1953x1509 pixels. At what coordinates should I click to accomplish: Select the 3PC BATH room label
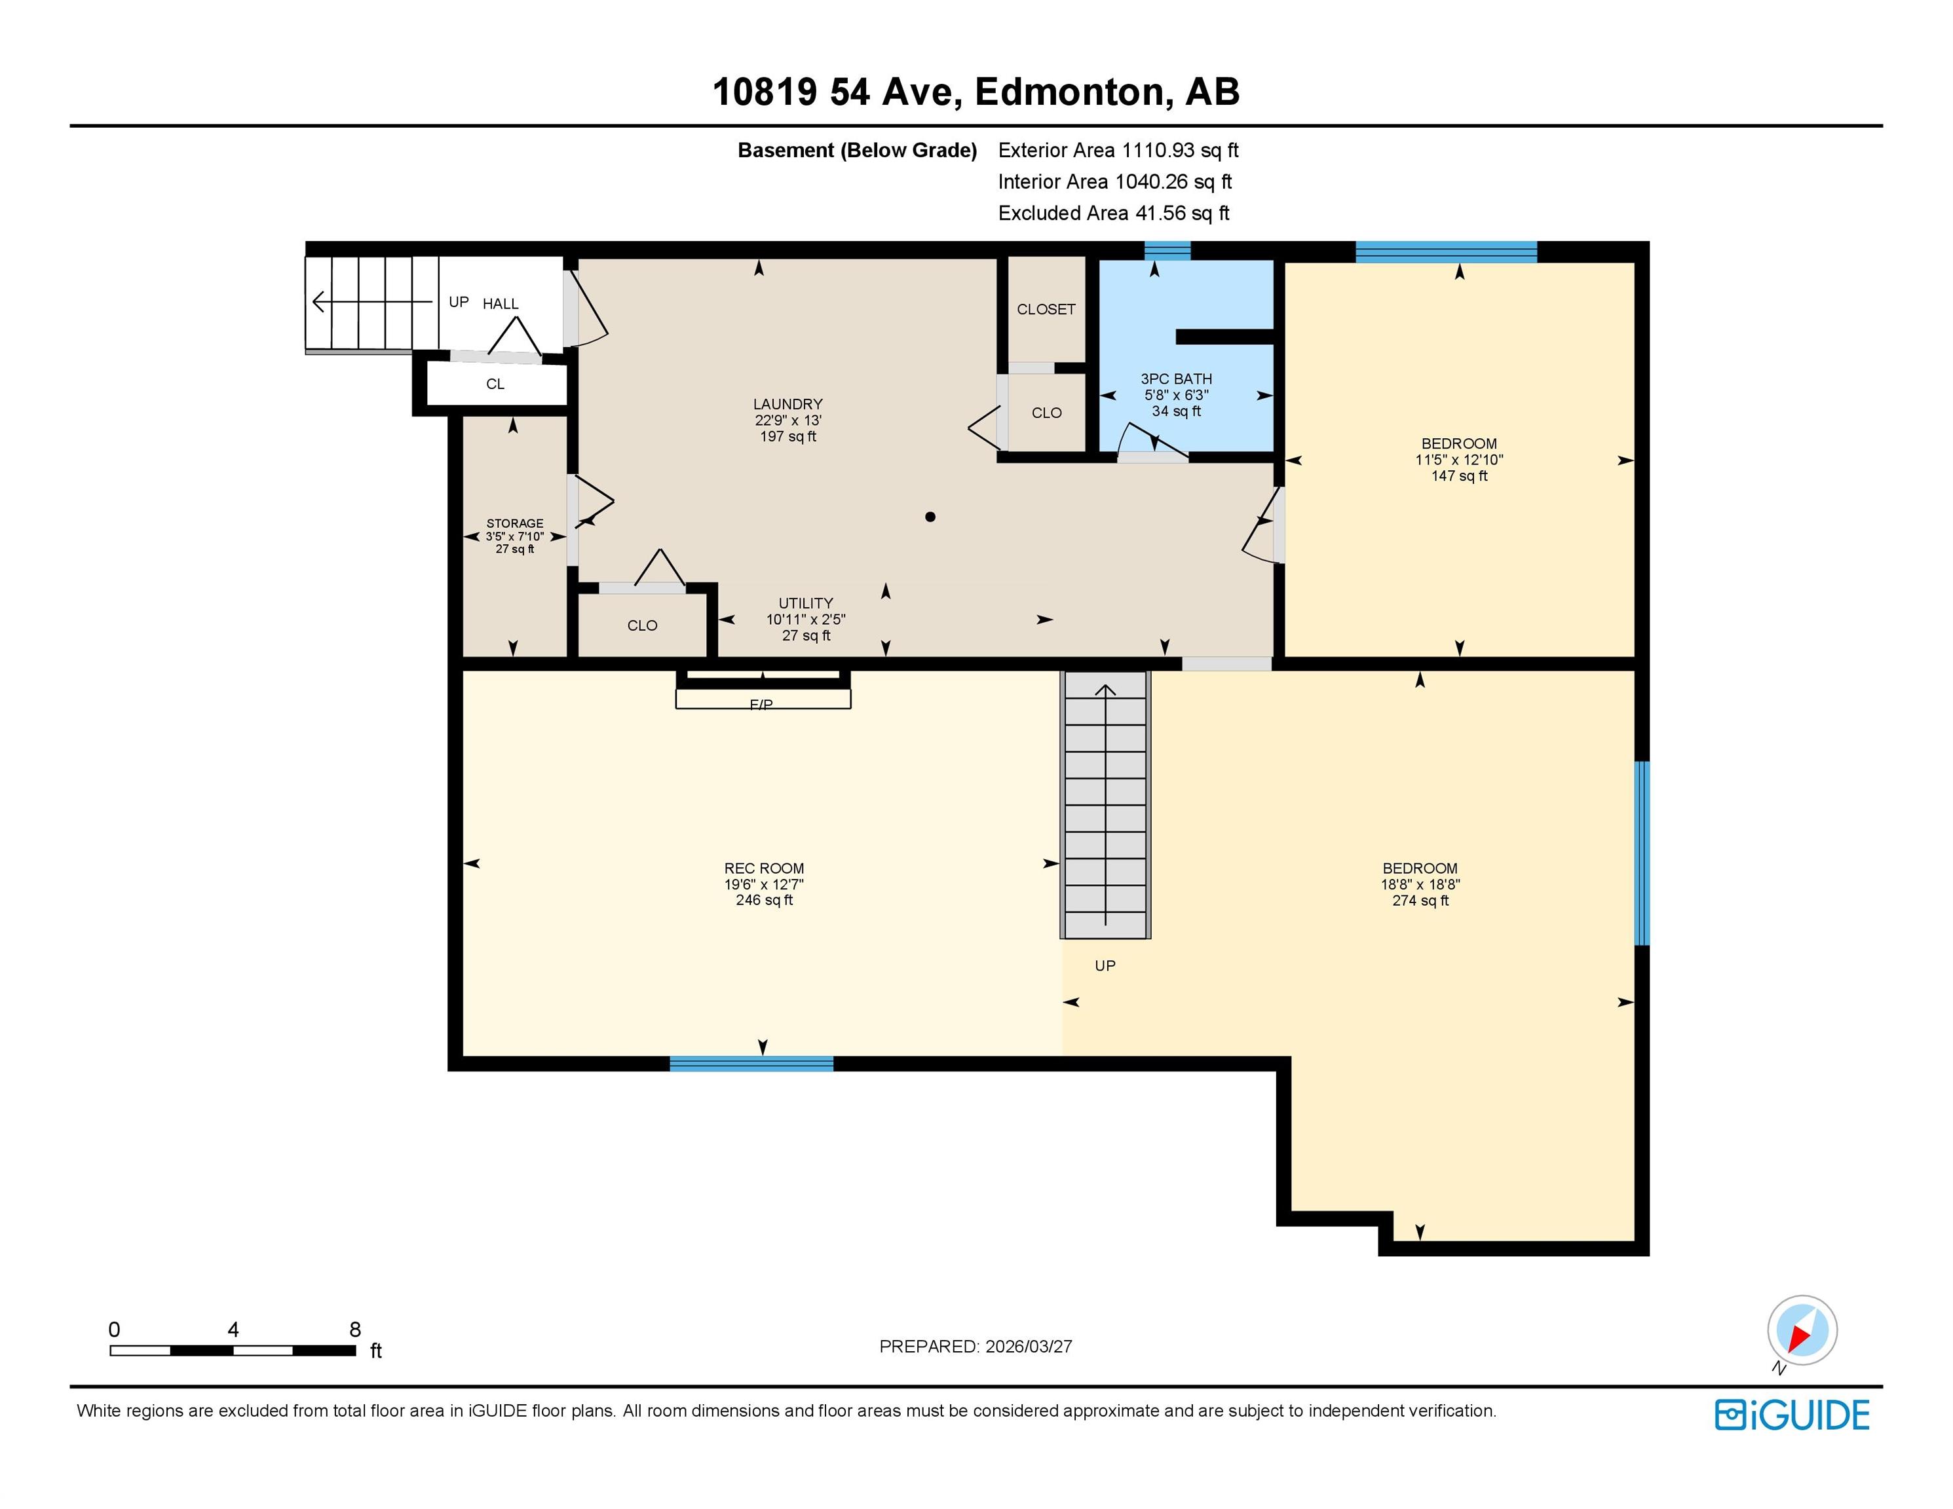pyautogui.click(x=1176, y=379)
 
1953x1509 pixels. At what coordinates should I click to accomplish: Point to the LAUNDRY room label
pyautogui.click(x=788, y=404)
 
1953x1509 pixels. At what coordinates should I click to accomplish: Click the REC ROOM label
pyautogui.click(x=764, y=868)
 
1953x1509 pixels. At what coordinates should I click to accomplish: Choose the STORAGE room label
pyautogui.click(x=515, y=524)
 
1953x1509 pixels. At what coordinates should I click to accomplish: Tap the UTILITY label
pyautogui.click(x=806, y=603)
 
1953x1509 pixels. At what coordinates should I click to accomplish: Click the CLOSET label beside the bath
pyautogui.click(x=1046, y=309)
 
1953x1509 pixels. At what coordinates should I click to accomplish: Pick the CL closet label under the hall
pyautogui.click(x=495, y=384)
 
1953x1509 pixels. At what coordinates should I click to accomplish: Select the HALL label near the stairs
pyautogui.click(x=501, y=304)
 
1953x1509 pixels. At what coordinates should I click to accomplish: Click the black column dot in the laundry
pyautogui.click(x=930, y=517)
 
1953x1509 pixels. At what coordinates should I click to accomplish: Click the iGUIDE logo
pyautogui.click(x=1792, y=1415)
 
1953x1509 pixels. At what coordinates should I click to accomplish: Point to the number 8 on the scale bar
pyautogui.click(x=355, y=1330)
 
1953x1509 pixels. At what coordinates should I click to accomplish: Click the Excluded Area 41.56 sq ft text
pyautogui.click(x=1113, y=213)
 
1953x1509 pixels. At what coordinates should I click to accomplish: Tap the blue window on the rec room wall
pyautogui.click(x=751, y=1064)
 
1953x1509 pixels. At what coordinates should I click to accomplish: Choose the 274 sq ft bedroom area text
pyautogui.click(x=1420, y=900)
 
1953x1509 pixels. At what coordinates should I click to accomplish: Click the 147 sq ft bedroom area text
pyautogui.click(x=1460, y=475)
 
